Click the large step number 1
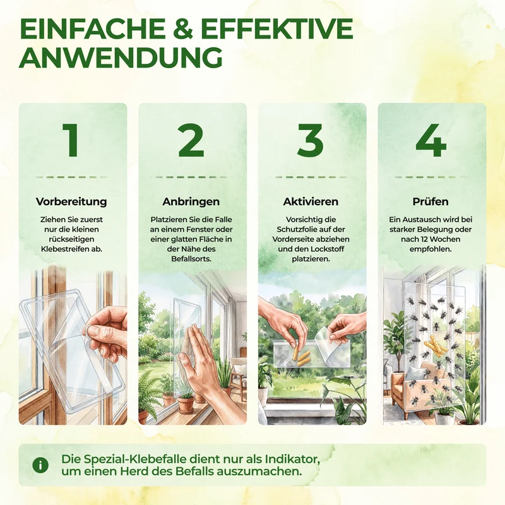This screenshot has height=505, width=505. [x=71, y=140]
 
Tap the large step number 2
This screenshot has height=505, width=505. [x=191, y=140]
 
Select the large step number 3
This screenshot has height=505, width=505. [x=310, y=140]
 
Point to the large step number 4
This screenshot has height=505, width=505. [x=431, y=140]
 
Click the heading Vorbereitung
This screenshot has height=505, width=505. [x=71, y=201]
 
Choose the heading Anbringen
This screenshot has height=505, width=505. [x=191, y=201]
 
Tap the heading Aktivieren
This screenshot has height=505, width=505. [x=311, y=201]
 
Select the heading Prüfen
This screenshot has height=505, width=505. [x=431, y=201]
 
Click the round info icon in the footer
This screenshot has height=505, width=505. [x=40, y=465]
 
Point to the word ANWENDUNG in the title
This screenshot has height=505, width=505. [x=121, y=57]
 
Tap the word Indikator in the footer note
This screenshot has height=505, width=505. [x=292, y=459]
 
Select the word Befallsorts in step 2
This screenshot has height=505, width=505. [x=191, y=259]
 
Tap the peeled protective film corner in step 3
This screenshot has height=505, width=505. [x=324, y=339]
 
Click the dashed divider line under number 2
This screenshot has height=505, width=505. [x=191, y=177]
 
